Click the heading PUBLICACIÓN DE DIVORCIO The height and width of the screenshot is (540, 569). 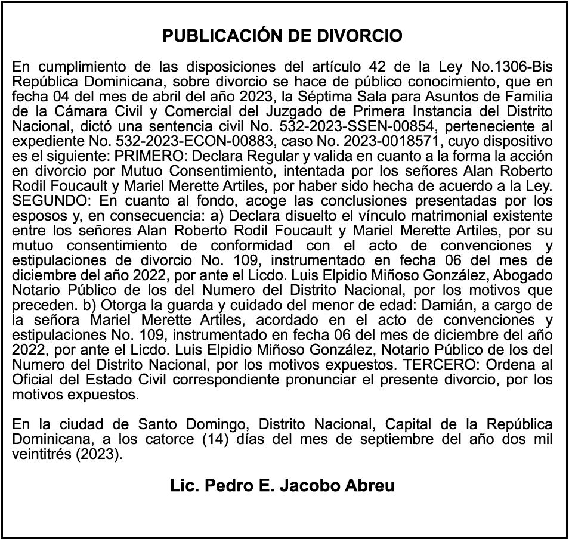tap(282, 36)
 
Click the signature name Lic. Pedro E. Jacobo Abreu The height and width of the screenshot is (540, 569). tap(282, 486)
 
